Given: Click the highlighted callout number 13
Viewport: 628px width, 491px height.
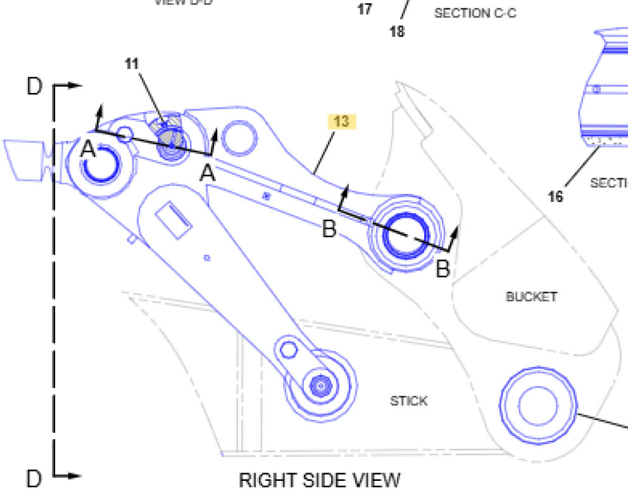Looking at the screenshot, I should [x=342, y=121].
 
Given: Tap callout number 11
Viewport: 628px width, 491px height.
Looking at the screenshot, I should [x=132, y=63].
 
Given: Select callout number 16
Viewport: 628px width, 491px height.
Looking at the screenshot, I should [x=555, y=197].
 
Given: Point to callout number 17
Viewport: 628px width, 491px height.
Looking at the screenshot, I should [x=365, y=9].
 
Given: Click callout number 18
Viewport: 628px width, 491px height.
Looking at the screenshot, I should [x=397, y=31].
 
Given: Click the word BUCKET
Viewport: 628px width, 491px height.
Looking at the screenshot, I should [x=532, y=296].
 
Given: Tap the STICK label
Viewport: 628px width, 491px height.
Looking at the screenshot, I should [x=408, y=401].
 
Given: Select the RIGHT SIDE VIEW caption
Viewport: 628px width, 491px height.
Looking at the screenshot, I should [x=320, y=480].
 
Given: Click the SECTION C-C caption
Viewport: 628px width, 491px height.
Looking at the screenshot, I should [x=475, y=13].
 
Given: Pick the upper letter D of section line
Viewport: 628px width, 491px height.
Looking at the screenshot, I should [x=34, y=87].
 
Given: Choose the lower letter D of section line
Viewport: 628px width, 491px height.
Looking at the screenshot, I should [x=34, y=478].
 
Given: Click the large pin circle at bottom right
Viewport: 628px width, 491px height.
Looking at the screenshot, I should [x=538, y=404].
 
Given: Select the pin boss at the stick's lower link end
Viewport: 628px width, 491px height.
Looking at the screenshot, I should [x=320, y=384].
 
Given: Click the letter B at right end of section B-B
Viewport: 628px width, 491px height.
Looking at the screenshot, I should [x=443, y=269].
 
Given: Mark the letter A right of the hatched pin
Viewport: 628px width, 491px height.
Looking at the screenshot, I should [x=208, y=172].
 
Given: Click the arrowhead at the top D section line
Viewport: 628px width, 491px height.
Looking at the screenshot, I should [x=77, y=84].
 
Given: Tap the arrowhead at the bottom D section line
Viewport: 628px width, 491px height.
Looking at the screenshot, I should [x=77, y=475].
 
